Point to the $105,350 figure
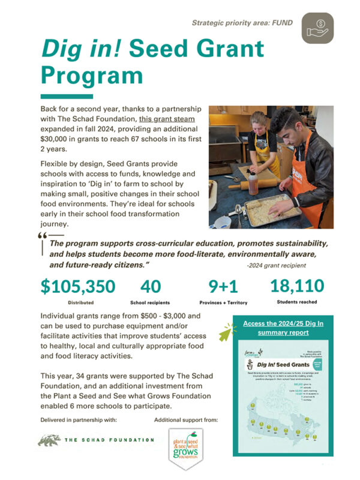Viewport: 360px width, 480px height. point(78,286)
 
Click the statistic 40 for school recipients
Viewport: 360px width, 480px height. point(152,286)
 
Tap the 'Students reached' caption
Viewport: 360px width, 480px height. point(297,302)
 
